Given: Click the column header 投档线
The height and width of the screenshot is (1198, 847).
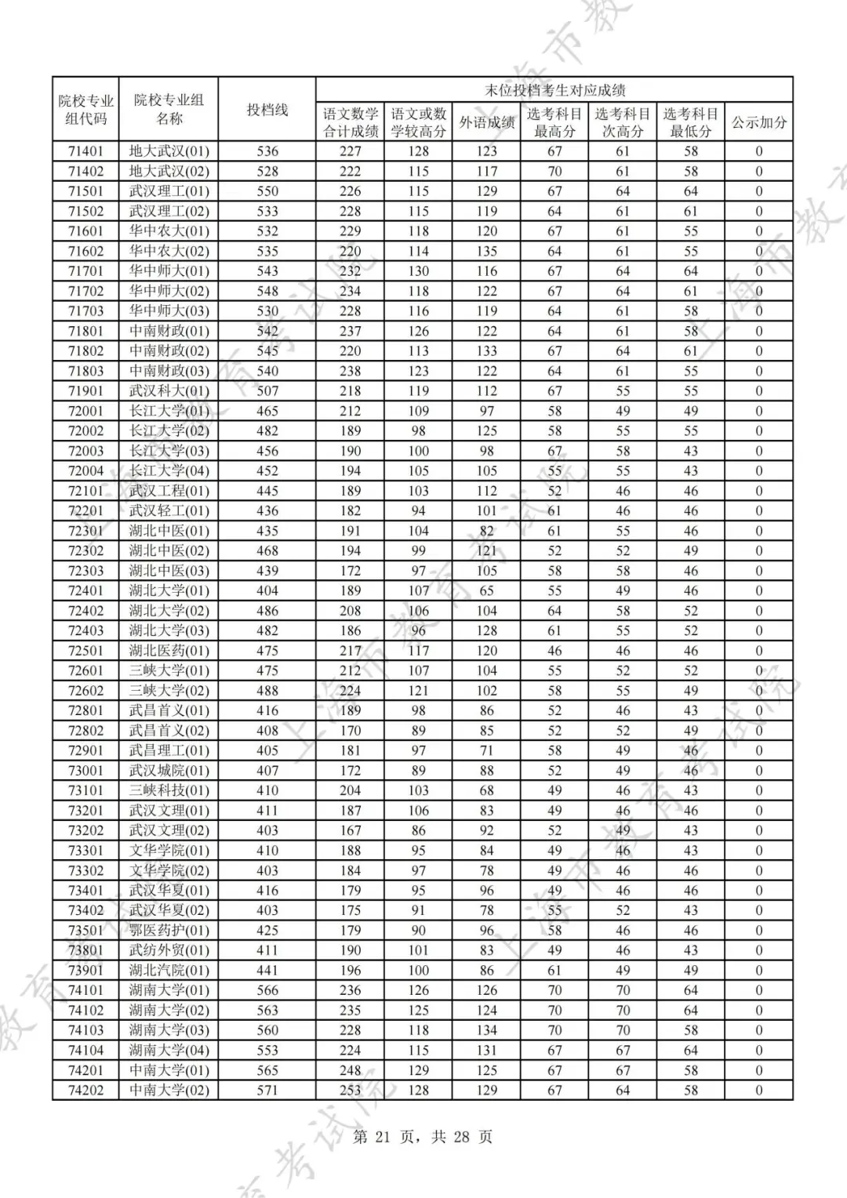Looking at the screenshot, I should click(267, 110).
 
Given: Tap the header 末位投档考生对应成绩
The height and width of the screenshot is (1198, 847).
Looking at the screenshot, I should click(554, 90).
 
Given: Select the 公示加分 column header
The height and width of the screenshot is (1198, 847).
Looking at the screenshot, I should click(759, 122).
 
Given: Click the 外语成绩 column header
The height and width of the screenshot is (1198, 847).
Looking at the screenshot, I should click(486, 122).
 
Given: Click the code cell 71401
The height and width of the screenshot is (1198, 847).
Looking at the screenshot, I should click(85, 151).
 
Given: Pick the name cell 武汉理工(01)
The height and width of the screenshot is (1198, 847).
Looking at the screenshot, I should click(169, 191).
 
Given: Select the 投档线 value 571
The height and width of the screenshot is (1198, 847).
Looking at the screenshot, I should click(267, 1090).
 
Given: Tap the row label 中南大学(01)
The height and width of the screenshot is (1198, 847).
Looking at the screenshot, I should click(169, 1070).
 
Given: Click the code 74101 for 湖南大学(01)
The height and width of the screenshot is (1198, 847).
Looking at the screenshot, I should click(85, 990).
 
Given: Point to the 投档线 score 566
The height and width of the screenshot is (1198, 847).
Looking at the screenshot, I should click(267, 990).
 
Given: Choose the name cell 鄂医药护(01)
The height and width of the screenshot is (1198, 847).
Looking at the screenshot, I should click(169, 931).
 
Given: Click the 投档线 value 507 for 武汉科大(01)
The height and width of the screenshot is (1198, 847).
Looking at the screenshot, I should click(267, 390).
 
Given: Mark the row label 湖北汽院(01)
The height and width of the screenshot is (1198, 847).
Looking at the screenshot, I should click(169, 971).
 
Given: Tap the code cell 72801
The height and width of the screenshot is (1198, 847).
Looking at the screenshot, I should click(85, 710).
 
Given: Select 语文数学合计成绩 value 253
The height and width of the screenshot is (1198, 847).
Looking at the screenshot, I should click(351, 1090).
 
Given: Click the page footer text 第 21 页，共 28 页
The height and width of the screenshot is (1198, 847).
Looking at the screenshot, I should click(423, 1137).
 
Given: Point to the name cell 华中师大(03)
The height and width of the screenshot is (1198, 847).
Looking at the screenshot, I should click(169, 310).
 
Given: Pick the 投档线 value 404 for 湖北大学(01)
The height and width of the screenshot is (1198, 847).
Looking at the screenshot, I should click(267, 590).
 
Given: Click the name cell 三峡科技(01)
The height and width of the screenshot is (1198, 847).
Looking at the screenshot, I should click(169, 790).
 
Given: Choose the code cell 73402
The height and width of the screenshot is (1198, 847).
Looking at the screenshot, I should click(85, 910).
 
